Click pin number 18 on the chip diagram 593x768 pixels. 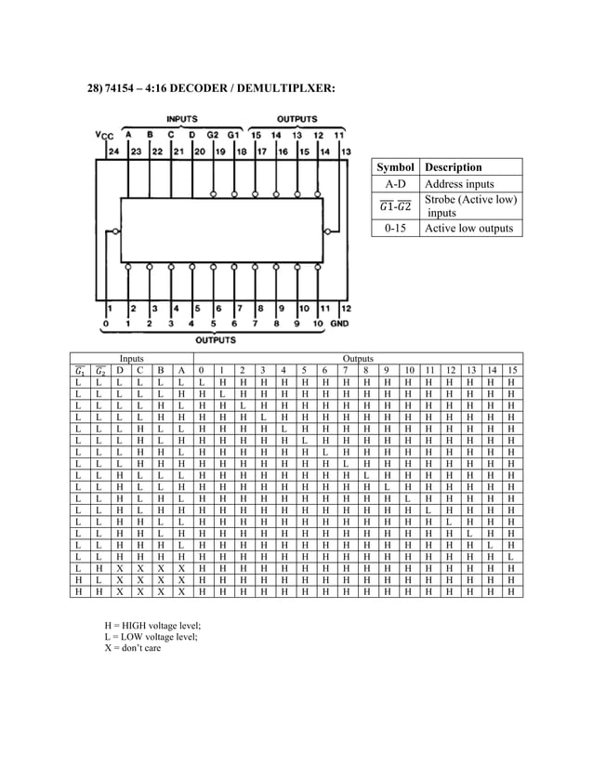click(242, 152)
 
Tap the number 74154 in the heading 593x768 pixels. click(126, 87)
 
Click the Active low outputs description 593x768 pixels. click(468, 228)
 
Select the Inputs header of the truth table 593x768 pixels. click(131, 358)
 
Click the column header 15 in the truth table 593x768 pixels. click(510, 369)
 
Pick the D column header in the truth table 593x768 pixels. click(119, 369)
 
